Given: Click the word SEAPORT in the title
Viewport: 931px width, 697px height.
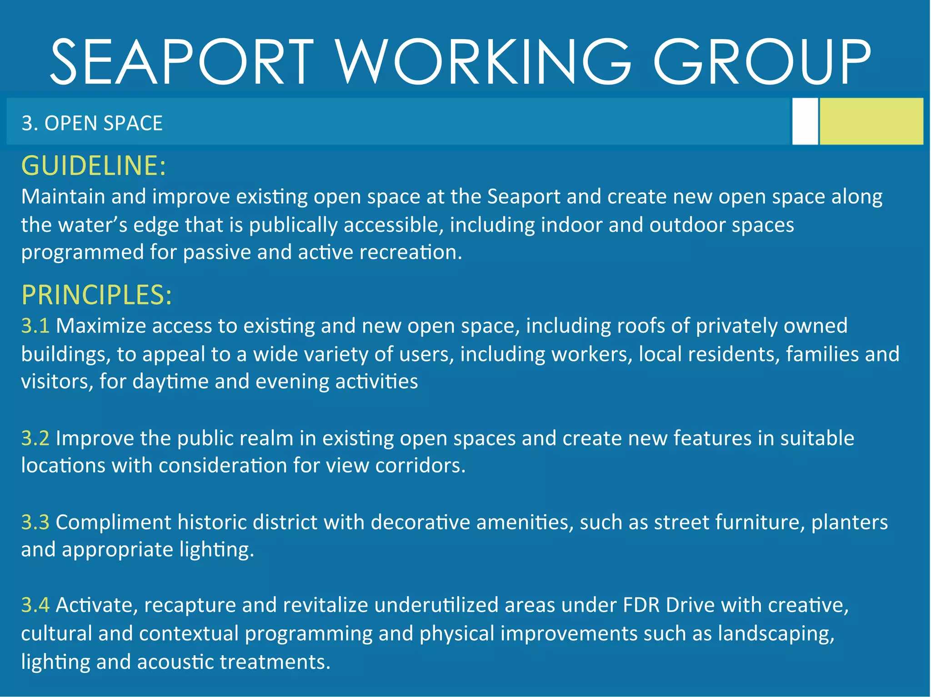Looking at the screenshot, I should [182, 62].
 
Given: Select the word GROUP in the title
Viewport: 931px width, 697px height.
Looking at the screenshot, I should [762, 62].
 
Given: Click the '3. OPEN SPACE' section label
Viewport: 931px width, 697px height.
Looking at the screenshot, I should [92, 123].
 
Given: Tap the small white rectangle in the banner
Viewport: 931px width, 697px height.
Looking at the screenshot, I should [805, 121].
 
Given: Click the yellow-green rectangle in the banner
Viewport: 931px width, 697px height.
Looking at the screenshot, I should [871, 121].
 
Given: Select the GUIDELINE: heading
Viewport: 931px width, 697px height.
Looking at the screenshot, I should [94, 165].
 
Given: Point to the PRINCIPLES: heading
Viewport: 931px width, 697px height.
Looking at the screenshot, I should [96, 295].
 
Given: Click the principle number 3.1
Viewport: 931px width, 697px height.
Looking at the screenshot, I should [35, 326].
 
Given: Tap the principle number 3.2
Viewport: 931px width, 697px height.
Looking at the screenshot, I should [35, 438].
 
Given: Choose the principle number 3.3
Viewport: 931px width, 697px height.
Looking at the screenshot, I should [35, 522].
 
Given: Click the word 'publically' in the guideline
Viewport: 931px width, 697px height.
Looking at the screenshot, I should [293, 225].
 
